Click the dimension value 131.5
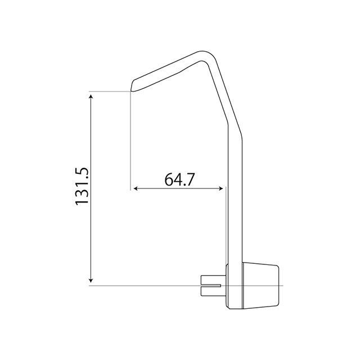[x=82, y=186]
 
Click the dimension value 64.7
[x=179, y=179]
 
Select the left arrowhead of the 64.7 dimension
[x=136, y=188]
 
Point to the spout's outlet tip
[x=131, y=90]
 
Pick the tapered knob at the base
[x=260, y=286]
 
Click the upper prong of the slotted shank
[x=213, y=280]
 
